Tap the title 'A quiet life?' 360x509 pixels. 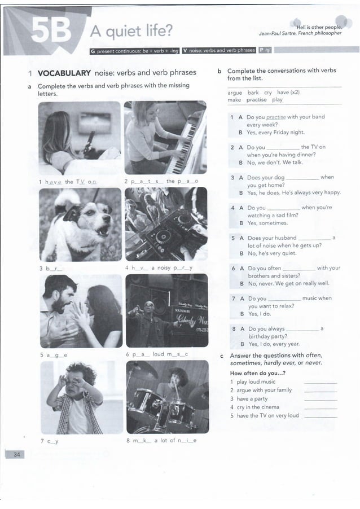pyautogui.click(x=131, y=30)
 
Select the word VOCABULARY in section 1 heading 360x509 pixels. pyautogui.click(x=64, y=73)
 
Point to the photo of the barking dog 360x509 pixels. pyautogui.click(x=80, y=224)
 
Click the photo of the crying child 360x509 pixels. pyautogui.click(x=80, y=398)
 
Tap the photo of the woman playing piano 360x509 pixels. pyautogui.click(x=165, y=138)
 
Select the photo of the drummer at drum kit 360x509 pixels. pyautogui.click(x=167, y=398)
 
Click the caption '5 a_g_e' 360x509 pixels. pyautogui.click(x=54, y=355)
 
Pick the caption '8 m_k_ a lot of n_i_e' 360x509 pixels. pyautogui.click(x=161, y=441)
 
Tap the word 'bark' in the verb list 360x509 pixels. pyautogui.click(x=253, y=93)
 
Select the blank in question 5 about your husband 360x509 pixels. pyautogui.click(x=314, y=238)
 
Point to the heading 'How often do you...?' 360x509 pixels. pyautogui.click(x=258, y=373)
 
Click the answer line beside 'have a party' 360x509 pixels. pyautogui.click(x=320, y=399)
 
